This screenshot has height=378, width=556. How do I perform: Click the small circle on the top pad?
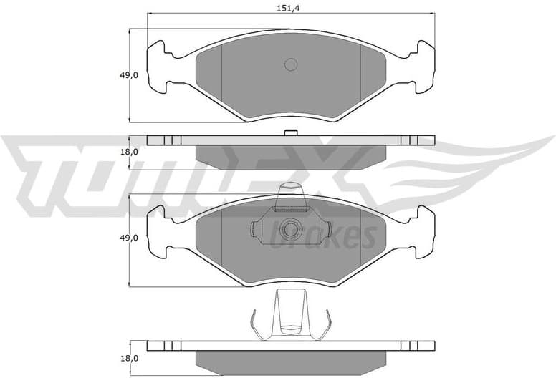[x=290, y=64]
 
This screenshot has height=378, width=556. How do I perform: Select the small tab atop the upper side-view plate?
[x=290, y=132]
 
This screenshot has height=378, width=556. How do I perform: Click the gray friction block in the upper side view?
[x=290, y=153]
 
